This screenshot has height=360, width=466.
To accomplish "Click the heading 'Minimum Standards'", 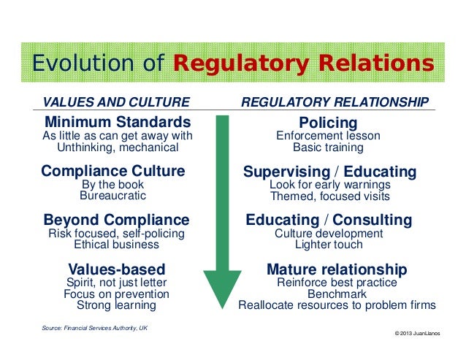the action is pos(118,121).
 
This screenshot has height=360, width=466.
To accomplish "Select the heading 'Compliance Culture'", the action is pos(113,171).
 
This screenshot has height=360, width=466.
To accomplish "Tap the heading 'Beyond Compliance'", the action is pos(117,220).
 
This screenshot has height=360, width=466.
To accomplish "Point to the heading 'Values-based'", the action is pos(117,269).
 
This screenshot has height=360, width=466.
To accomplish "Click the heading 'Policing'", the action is pos(328,122).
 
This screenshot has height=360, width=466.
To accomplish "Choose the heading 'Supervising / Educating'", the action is pos(329,172).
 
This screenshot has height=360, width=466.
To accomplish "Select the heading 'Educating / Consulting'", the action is pos(329,220).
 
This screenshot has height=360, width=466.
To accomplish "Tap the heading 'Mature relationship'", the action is pos(337,269).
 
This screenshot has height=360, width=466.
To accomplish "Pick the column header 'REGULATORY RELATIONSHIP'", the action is pos(335,101).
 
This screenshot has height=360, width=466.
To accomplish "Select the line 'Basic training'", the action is pos(328,147).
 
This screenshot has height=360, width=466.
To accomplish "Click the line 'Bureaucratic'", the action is pos(112,196).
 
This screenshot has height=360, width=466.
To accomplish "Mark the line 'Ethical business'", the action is pos(116,245).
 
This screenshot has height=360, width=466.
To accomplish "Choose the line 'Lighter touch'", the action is pos(328,245).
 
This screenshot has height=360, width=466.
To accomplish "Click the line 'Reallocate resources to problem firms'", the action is pos(337,305).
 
